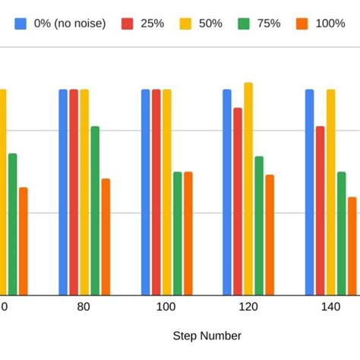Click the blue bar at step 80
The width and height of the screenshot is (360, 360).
click(63, 192)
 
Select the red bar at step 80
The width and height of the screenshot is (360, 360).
click(74, 192)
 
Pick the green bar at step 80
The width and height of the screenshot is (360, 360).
click(95, 210)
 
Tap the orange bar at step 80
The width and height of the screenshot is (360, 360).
click(106, 237)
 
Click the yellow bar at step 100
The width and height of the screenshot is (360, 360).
click(166, 192)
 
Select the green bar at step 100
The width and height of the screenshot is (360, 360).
click(177, 233)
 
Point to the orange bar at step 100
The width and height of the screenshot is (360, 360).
click(188, 233)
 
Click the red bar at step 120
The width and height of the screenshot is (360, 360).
click(238, 201)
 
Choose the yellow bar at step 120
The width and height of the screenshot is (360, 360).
click(248, 189)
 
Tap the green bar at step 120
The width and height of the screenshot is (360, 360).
click(259, 226)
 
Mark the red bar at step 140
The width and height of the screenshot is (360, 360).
click(320, 210)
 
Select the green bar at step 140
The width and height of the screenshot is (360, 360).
click(341, 233)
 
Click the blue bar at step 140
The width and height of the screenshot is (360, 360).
click(309, 192)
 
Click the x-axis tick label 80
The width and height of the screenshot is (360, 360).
click(84, 307)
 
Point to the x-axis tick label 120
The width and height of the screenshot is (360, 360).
click(248, 307)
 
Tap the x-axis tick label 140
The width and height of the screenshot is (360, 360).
click(330, 307)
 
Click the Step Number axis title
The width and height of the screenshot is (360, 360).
click(207, 336)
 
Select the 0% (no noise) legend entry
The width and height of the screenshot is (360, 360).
click(61, 24)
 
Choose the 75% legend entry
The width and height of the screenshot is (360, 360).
click(259, 24)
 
